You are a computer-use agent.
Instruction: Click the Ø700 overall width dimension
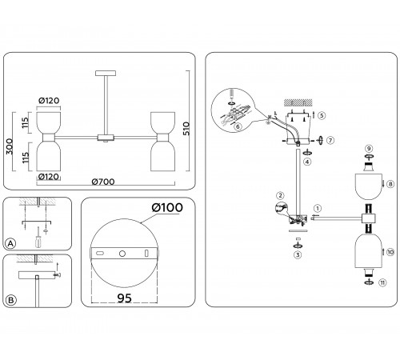pyautogui.click(x=103, y=182)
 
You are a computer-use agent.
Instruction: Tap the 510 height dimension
pyautogui.click(x=186, y=129)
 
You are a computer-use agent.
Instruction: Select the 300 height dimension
pyautogui.click(x=10, y=146)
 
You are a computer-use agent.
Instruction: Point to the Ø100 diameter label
pyautogui.click(x=167, y=207)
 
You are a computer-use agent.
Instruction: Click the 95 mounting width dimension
pyautogui.click(x=124, y=298)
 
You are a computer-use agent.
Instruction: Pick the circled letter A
pyautogui.click(x=10, y=243)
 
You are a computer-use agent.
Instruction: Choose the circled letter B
pyautogui.click(x=11, y=300)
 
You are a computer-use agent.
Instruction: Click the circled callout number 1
pyautogui.click(x=318, y=208)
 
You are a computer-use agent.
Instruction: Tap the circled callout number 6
pyautogui.click(x=238, y=126)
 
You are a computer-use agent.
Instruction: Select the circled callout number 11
pyautogui.click(x=382, y=282)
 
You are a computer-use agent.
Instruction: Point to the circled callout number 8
pyautogui.click(x=390, y=184)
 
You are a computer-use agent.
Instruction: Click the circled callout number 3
pyautogui.click(x=298, y=255)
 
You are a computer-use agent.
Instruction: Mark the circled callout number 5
pyautogui.click(x=322, y=115)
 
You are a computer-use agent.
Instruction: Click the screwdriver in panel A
pyautogui.click(x=38, y=238)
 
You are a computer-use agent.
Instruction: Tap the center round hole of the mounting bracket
pyautogui.click(x=122, y=254)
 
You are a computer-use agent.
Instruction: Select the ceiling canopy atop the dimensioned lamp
pyautogui.click(x=106, y=73)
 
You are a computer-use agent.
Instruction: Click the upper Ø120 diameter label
pyautogui.click(x=49, y=101)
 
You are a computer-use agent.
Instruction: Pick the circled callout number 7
pyautogui.click(x=330, y=140)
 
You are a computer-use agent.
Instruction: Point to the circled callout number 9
pyautogui.click(x=369, y=149)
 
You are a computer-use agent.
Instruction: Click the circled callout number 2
pyautogui.click(x=280, y=195)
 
